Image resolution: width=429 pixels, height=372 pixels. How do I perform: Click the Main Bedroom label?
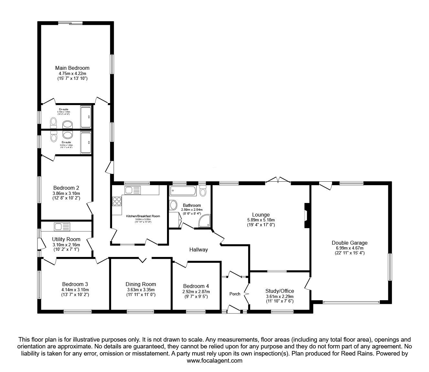pyautogui.click(x=72, y=68)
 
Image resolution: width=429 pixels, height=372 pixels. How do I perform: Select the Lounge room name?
pyautogui.click(x=261, y=215)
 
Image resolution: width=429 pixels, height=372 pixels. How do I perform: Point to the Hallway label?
pyautogui.click(x=198, y=250)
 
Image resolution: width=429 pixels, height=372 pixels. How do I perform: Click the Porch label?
pyautogui.click(x=235, y=294)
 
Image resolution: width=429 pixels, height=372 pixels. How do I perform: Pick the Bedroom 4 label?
pyautogui.click(x=196, y=286)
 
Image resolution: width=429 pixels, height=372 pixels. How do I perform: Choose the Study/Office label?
pyautogui.click(x=279, y=291)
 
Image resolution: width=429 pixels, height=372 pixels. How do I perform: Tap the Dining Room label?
pyautogui.click(x=141, y=284)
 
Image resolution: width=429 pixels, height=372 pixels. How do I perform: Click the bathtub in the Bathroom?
pyautogui.click(x=183, y=191)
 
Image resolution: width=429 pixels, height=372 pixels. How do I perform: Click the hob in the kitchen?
pyautogui.click(x=117, y=202)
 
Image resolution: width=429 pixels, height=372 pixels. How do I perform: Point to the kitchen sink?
pyautogui.click(x=132, y=190)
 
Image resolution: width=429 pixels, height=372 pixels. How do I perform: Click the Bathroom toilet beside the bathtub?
pyautogui.click(x=203, y=192)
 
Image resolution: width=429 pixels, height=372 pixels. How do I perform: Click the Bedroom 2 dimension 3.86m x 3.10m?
pyautogui.click(x=66, y=193)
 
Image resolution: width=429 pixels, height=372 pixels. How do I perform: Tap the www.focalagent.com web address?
pyautogui.click(x=214, y=361)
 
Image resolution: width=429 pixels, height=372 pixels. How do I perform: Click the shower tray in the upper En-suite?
pyautogui.click(x=86, y=117)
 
